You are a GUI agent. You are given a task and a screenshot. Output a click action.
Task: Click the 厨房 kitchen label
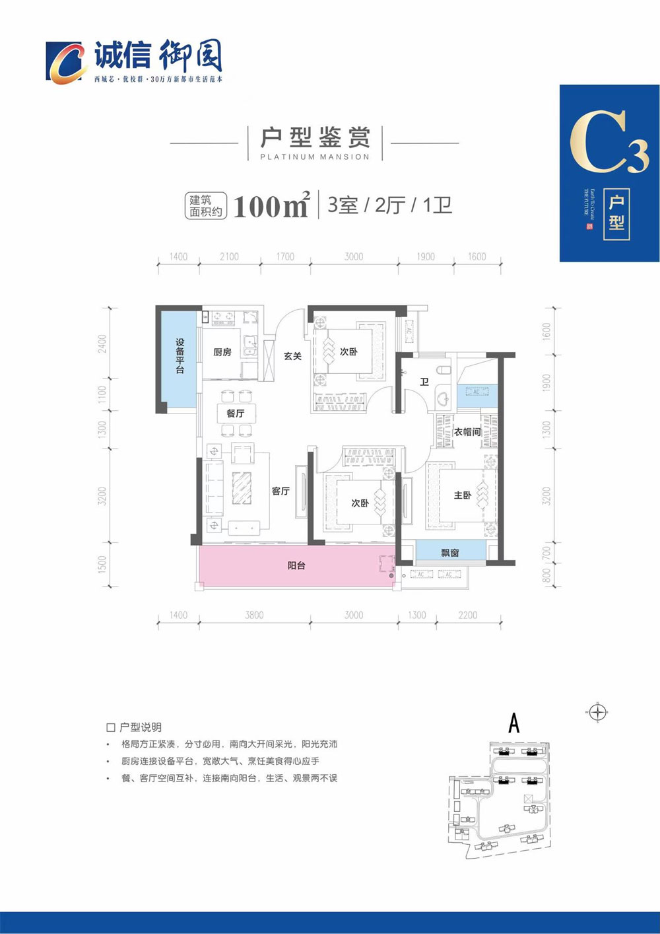pos(222,352)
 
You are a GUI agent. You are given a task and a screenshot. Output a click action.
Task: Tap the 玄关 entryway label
pos(292,356)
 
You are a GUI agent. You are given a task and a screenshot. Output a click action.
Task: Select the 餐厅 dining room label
pos(235,413)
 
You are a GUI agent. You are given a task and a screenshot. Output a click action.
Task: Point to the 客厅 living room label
pos(280,491)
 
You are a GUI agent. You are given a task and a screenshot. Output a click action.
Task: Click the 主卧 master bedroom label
pos(463,495)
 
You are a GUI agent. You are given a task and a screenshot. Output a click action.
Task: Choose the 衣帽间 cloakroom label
pos(467,432)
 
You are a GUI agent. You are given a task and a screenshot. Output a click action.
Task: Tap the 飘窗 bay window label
pos(450,552)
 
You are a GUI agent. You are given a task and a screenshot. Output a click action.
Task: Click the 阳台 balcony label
pos(296,565)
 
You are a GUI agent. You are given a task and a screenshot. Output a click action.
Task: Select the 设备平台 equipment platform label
pos(180,356)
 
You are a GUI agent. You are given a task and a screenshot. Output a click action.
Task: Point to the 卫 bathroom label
pos(424,382)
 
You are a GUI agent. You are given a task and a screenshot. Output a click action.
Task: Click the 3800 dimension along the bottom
pos(254,615)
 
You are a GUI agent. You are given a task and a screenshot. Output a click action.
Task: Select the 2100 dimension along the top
pos(229,256)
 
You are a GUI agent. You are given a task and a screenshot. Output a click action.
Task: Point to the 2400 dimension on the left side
pos(102,344)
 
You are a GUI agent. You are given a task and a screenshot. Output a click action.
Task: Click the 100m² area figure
pos(271,206)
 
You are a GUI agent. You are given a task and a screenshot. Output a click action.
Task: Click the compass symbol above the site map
pos(597,712)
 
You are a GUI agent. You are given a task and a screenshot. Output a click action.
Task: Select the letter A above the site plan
pos(513,723)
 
